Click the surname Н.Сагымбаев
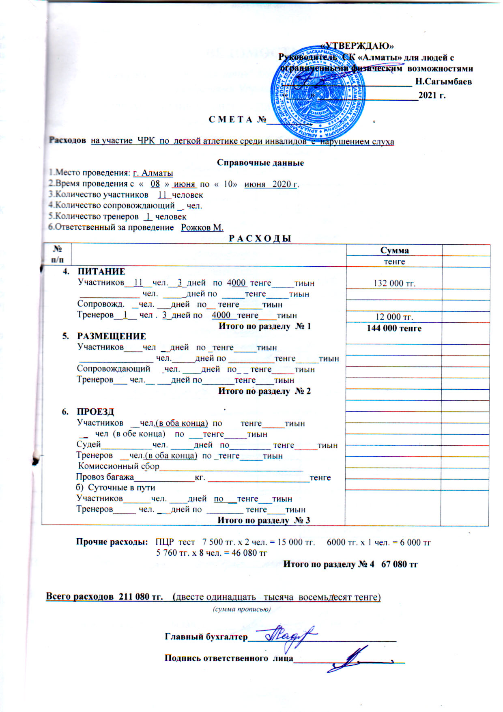click(x=443, y=82)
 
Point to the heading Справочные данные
click(x=260, y=163)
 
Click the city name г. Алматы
click(x=153, y=173)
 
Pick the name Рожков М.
click(x=202, y=227)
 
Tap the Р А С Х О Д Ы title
click(x=260, y=238)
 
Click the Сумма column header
click(x=394, y=250)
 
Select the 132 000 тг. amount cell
click(x=394, y=283)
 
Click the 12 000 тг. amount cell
click(x=394, y=317)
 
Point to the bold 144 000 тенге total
click(x=394, y=328)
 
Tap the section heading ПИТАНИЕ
click(x=101, y=272)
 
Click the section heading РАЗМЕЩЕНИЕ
click(x=112, y=337)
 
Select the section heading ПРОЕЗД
click(x=96, y=412)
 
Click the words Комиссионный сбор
click(x=118, y=466)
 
